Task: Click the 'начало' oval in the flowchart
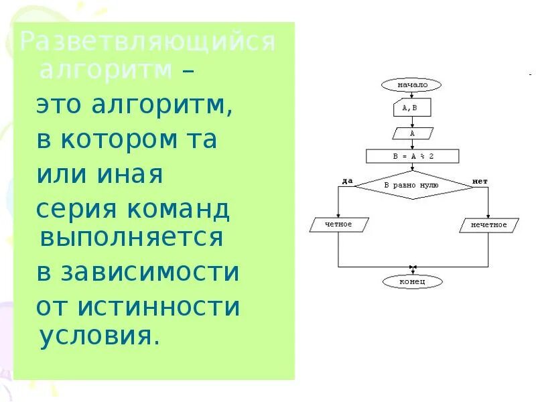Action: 412,85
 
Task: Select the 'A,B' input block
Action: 412,107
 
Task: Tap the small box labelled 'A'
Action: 412,133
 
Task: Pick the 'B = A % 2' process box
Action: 412,157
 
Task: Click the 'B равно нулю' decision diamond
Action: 412,184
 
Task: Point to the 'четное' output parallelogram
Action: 338,224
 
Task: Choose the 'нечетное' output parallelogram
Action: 488,225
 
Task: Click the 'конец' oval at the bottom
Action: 412,282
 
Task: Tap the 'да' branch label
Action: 346,181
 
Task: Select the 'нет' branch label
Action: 480,181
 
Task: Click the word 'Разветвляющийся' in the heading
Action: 147,42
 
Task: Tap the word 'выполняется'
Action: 131,238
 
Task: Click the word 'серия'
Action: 66,210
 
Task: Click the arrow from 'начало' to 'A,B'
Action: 412,95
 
